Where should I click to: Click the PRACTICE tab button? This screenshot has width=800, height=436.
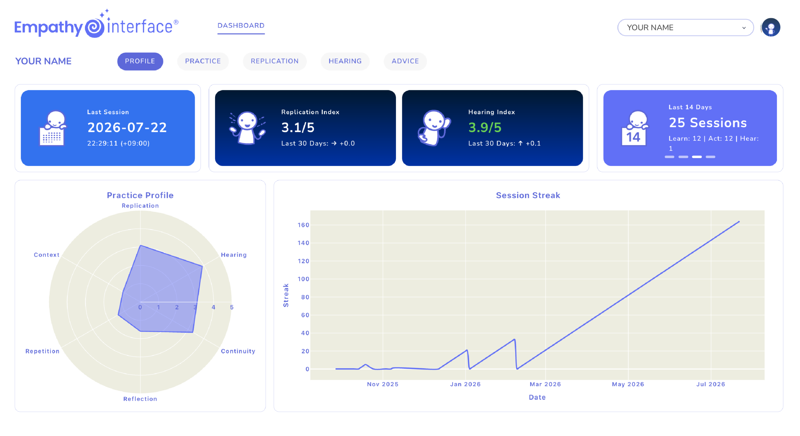coord(203,61)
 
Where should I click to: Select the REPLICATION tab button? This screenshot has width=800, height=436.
coord(275,61)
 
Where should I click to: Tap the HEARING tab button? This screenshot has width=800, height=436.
coord(345,61)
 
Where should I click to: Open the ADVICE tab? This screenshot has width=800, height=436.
coord(405,61)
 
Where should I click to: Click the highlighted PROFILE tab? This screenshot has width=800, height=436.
coord(140,61)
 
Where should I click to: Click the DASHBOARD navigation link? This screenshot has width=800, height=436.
coord(241,26)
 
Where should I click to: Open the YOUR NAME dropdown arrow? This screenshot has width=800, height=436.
coord(744,28)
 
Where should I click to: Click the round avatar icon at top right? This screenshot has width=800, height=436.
coord(771,28)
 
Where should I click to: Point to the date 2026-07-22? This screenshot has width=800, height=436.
coord(127,127)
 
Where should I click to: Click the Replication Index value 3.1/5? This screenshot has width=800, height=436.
coord(298,127)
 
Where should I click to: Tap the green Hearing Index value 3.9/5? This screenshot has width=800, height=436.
coord(485,127)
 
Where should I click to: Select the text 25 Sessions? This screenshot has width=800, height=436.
coord(707,123)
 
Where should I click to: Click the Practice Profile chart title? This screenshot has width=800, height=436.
coord(140,195)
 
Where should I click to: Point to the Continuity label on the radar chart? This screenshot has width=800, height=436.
coord(238,351)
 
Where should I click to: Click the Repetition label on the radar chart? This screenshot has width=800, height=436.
coord(42,351)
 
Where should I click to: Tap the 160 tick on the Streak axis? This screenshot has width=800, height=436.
coord(303,225)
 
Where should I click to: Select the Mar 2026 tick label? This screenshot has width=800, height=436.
coord(545,384)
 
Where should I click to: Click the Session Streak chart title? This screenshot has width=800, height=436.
coord(528,195)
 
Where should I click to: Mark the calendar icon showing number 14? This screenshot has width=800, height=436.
coord(634,128)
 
